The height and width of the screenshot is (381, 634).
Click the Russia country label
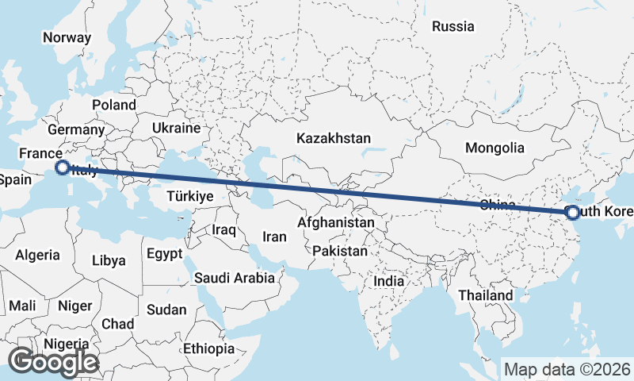pyautogui.click(x=453, y=26)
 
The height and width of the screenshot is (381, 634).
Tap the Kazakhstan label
pyautogui.click(x=334, y=138)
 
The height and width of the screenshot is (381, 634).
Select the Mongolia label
pyautogui.click(x=495, y=148)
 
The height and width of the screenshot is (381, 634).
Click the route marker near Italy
pyautogui.click(x=61, y=167)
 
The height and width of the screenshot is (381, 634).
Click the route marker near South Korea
pyautogui.click(x=571, y=212)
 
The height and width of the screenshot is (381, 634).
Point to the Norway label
pyautogui.click(x=67, y=37)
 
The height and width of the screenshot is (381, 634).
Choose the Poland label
pyautogui.click(x=113, y=105)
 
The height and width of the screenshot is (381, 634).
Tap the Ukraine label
pyautogui.click(x=175, y=128)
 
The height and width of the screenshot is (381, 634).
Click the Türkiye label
pyautogui.click(x=190, y=196)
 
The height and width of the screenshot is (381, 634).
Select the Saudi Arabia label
pyautogui.click(x=235, y=278)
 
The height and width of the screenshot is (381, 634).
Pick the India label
pyautogui.click(x=388, y=281)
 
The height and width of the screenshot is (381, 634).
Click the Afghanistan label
pyautogui.click(x=335, y=223)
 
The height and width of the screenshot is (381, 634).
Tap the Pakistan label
pyautogui.click(x=340, y=251)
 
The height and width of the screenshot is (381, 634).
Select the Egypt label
pyautogui.click(x=164, y=254)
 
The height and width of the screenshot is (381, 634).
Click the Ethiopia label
pyautogui.click(x=208, y=348)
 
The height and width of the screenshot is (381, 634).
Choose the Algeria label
pyautogui.click(x=37, y=255)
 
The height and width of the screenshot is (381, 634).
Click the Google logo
pyautogui.click(x=53, y=362)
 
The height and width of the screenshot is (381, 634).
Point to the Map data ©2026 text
pyautogui.click(x=567, y=369)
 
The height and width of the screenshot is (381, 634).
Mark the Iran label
pyautogui.click(x=274, y=237)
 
